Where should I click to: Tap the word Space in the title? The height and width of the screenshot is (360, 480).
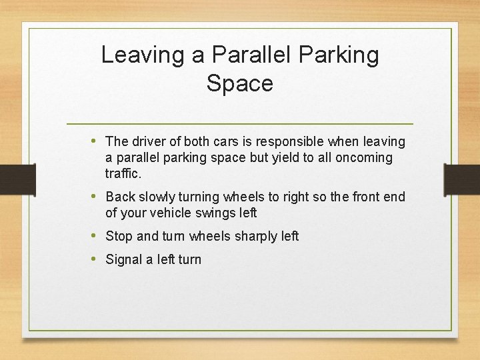pos(240,84)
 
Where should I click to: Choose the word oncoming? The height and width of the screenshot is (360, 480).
pos(365,158)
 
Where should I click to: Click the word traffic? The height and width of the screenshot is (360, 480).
pos(123,174)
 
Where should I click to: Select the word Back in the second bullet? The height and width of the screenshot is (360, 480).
pos(120,197)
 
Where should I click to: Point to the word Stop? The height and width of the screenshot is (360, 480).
pos(119,236)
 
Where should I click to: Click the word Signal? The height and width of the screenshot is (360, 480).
pos(124,259)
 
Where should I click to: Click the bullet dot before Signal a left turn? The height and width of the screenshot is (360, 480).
pos(93,259)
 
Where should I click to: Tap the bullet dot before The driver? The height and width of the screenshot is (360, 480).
pos(93,141)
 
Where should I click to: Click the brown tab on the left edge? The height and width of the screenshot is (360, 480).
pos(17,179)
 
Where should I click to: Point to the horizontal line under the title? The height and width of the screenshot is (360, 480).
pos(240,124)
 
